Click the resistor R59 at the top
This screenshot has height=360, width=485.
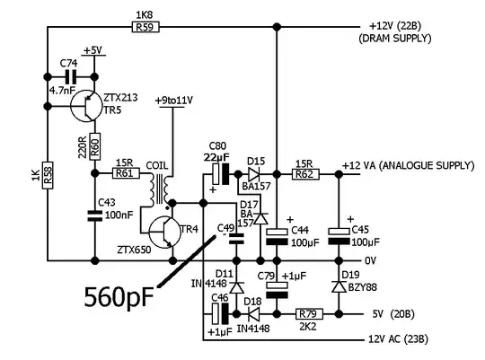(143, 28)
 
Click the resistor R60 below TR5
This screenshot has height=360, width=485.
(94, 139)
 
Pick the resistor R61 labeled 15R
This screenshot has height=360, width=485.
(126, 172)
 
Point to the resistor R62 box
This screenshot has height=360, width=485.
(304, 173)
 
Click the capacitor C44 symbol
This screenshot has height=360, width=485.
(277, 235)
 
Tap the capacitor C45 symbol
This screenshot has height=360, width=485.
(339, 235)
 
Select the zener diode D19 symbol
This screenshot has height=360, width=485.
(339, 285)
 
